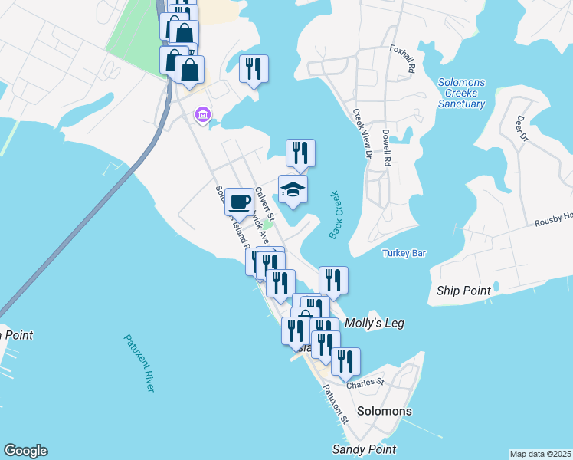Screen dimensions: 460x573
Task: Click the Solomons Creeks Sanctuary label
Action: coord(463,93)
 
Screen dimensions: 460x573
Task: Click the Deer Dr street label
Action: coord(521,128)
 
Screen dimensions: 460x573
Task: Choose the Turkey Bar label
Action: coord(404,253)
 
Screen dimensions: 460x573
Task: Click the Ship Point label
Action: coord(463,291)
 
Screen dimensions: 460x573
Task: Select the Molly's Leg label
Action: coord(375,324)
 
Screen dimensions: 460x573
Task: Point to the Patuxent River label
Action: coord(139,363)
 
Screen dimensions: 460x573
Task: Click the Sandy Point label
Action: coord(364,449)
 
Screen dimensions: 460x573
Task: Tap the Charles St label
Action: coord(365,383)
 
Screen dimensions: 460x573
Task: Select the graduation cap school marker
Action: coord(293,189)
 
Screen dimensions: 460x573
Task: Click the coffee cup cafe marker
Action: coord(240,202)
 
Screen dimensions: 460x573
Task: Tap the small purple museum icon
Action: coord(203,116)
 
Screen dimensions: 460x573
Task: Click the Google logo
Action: coord(25,451)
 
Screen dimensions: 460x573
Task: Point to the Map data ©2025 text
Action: coord(540,454)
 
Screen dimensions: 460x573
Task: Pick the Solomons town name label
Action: coord(385,411)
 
